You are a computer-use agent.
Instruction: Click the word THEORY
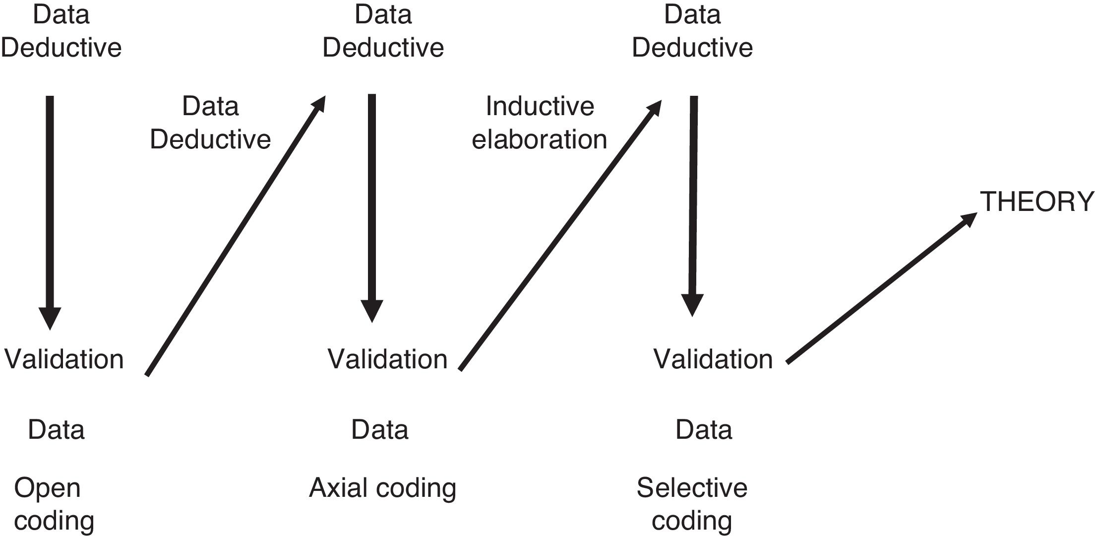1036,202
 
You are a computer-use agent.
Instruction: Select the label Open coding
54,504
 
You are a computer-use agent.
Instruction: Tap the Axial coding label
382,487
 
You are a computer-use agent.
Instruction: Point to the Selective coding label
692,504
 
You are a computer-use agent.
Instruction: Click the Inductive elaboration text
540,123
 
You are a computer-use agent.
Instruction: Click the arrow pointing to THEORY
882,288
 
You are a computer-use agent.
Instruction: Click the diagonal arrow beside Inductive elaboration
560,235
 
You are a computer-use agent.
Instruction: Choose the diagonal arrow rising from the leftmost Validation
236,236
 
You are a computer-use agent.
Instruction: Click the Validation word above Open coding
64,359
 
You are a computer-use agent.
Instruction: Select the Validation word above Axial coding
387,359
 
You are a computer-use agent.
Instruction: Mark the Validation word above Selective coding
713,359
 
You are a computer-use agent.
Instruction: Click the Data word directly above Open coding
56,429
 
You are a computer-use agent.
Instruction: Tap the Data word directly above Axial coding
380,429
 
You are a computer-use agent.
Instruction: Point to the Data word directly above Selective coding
704,429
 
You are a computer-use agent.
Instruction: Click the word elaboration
540,139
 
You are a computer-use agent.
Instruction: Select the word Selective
692,487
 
